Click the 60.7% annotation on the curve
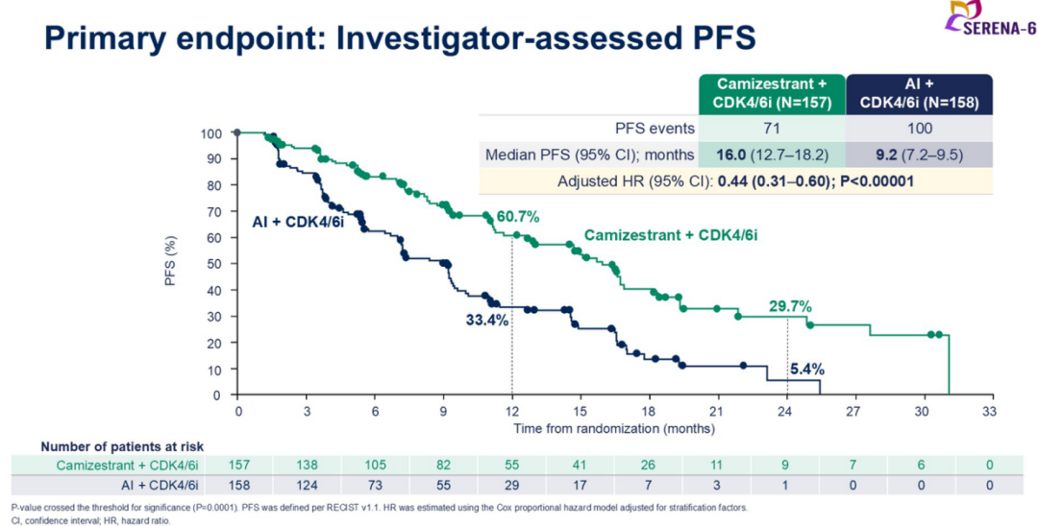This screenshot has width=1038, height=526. [518, 217]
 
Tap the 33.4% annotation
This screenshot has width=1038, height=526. [487, 321]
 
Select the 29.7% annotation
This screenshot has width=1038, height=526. [790, 306]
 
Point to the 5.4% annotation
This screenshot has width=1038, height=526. [807, 368]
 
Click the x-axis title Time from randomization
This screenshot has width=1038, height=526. [613, 427]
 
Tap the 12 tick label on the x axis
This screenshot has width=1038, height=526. [511, 410]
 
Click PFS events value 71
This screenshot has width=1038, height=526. [772, 129]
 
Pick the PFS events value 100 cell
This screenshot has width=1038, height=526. [918, 129]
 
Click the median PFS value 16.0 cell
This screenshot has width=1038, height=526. [772, 155]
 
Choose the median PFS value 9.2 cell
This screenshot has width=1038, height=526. [918, 155]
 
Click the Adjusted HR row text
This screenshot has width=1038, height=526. [734, 180]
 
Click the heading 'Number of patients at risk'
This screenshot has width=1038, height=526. [122, 445]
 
